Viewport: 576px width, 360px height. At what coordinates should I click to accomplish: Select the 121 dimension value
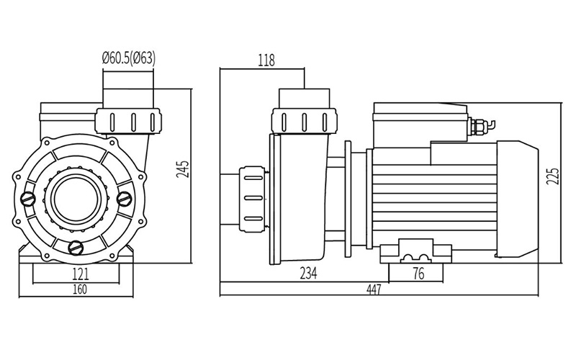[x=80, y=274]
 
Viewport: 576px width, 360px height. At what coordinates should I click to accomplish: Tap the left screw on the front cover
[x=28, y=199]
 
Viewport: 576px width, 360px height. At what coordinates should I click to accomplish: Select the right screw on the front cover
[x=124, y=198]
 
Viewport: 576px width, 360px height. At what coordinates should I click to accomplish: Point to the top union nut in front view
[x=127, y=120]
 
